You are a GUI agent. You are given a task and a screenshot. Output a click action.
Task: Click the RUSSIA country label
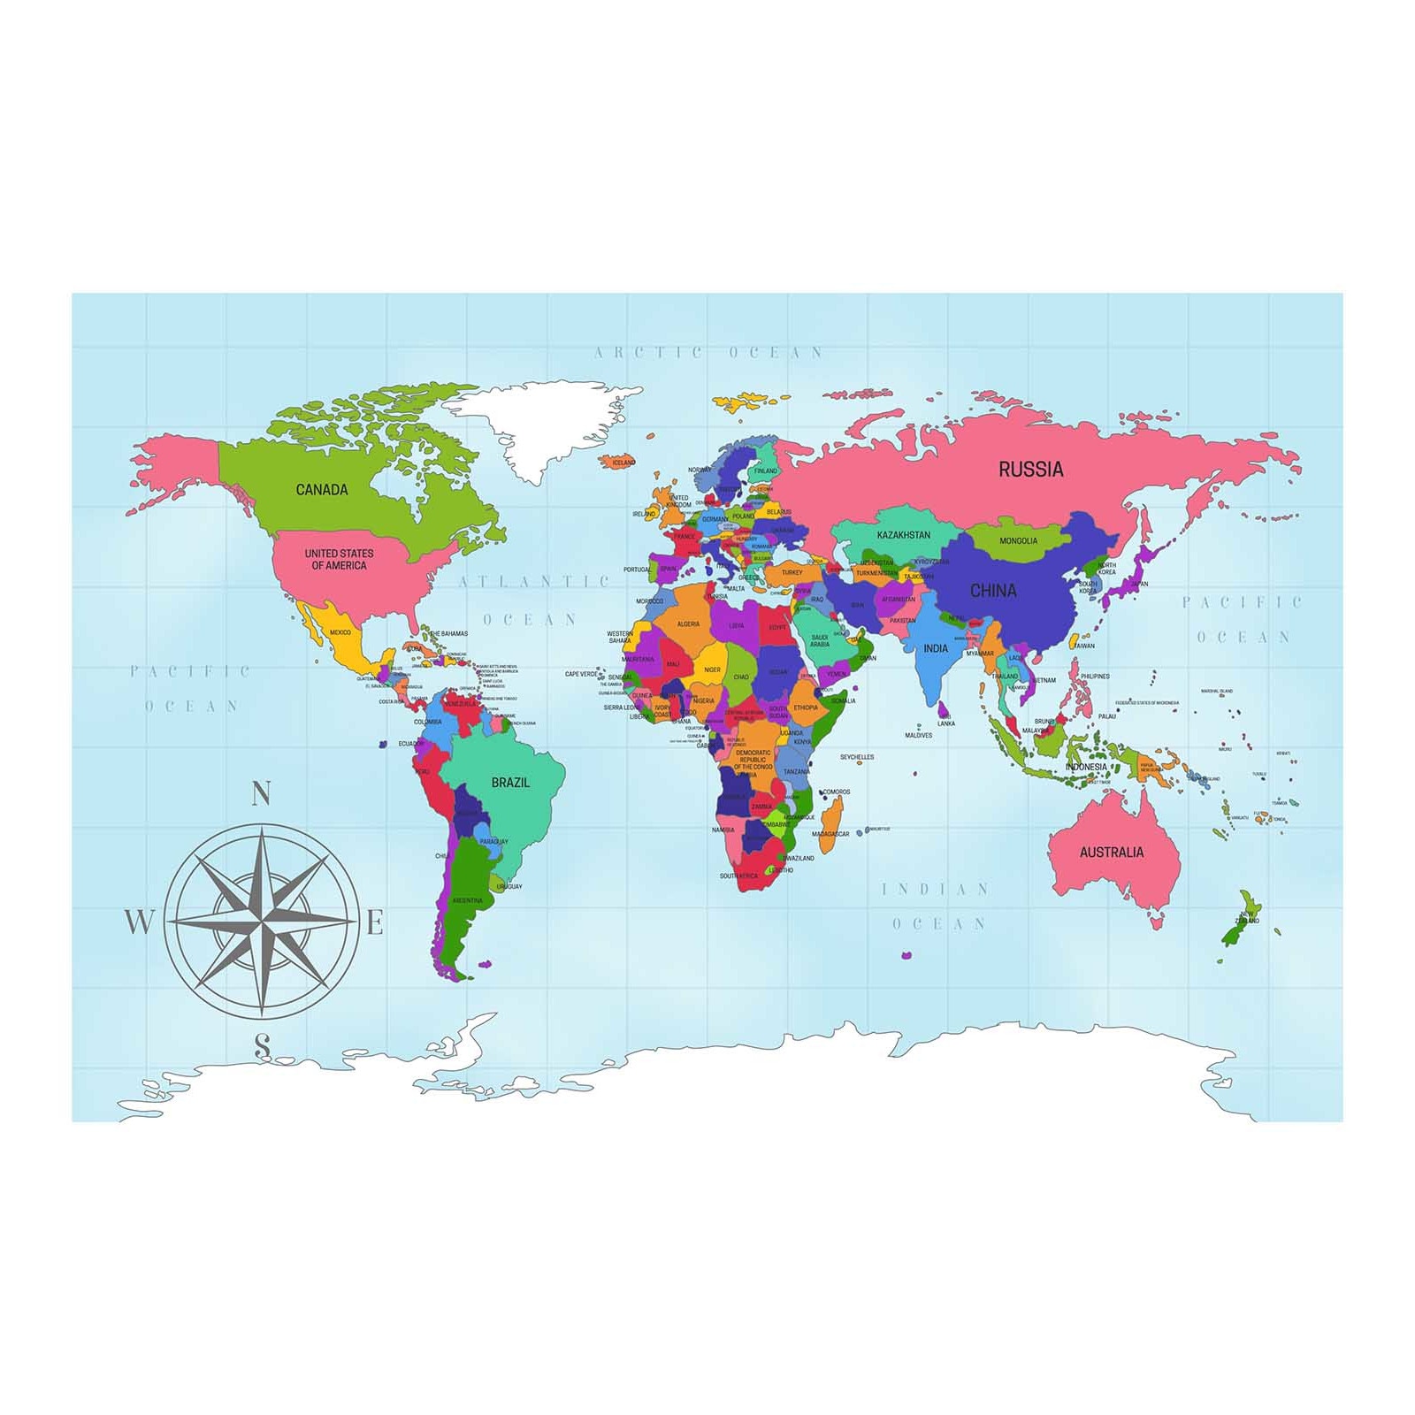pos(1030,470)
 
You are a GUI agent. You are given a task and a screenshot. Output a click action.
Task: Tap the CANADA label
pos(322,490)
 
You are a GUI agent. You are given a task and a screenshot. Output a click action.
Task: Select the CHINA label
pos(993,591)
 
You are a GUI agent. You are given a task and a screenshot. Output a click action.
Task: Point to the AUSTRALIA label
pos(1111,853)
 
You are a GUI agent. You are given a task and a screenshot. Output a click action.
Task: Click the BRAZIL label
pos(510,783)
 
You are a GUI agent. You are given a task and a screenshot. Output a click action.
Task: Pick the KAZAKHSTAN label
pos(903,535)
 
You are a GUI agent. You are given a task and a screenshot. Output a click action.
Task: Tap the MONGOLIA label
pos(1018,541)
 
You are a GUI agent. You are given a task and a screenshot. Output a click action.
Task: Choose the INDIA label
pos(936,648)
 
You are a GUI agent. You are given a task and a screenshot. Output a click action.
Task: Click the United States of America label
pos(339,559)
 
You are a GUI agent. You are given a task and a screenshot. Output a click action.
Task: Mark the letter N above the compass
pos(261,793)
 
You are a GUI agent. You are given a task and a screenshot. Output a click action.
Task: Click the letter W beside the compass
pos(138,922)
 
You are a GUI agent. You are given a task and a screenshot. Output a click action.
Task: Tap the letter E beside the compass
pos(375,924)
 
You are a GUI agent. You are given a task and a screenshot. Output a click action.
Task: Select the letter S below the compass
pos(262,1045)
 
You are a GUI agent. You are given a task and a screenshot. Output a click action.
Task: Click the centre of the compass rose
pos(262,921)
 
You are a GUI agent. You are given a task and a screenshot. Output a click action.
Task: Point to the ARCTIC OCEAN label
pos(708,353)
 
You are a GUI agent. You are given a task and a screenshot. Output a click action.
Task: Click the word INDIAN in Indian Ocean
pos(935,890)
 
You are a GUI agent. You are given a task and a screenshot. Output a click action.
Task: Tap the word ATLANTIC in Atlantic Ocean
pos(534,582)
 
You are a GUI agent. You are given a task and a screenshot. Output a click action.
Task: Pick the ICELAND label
pos(623,463)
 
